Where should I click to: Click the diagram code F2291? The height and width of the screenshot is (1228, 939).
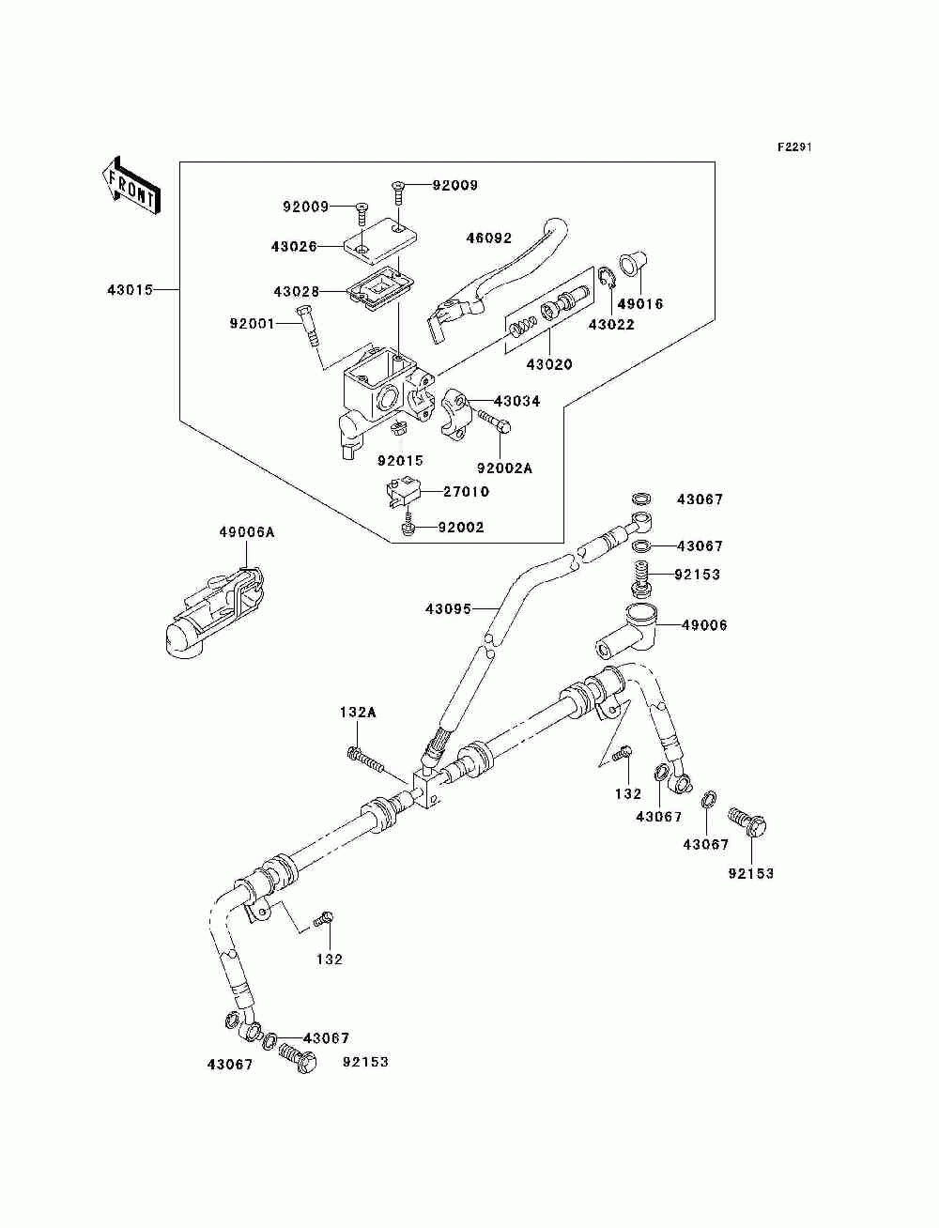[794, 147]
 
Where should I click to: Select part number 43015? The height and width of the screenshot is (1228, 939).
[130, 290]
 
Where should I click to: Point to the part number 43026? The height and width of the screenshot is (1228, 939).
[294, 246]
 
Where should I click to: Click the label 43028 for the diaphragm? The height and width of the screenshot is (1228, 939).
[296, 291]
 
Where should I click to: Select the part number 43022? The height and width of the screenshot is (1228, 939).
[611, 325]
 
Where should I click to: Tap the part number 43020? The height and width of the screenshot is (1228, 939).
[549, 365]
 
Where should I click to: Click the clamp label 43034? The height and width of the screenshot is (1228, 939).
[516, 401]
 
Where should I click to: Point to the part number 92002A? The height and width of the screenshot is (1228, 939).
[504, 468]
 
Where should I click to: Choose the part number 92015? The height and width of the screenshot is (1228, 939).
[400, 460]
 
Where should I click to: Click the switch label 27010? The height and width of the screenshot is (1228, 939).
[466, 492]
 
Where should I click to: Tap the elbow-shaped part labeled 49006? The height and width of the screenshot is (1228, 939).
[625, 631]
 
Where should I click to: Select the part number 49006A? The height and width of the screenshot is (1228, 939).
[247, 532]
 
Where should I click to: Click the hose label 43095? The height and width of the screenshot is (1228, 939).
[448, 608]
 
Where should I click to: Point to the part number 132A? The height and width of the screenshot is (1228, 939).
[358, 713]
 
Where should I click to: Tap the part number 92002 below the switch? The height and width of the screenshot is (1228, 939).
[460, 527]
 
